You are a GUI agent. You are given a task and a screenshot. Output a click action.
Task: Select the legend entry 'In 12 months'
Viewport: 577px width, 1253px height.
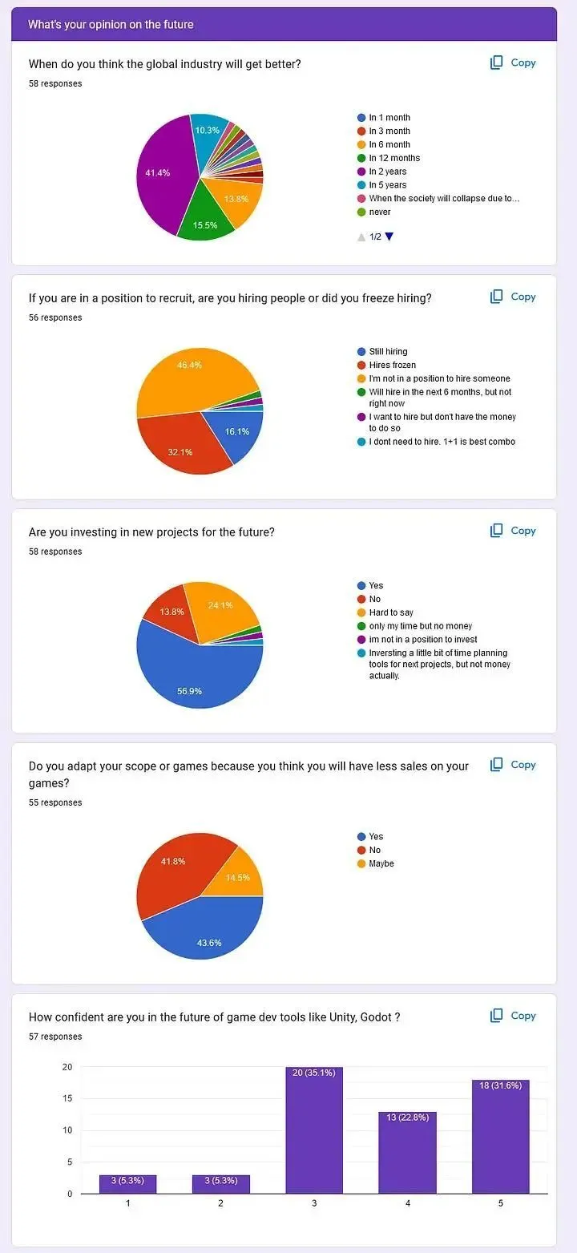coord(394,158)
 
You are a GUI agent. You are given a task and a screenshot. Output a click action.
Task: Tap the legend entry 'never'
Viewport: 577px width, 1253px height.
coord(380,212)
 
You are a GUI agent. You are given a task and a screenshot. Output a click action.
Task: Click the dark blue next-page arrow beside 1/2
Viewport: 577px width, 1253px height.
coord(389,236)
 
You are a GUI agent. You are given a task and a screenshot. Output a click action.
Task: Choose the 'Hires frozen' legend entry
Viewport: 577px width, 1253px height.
coord(392,365)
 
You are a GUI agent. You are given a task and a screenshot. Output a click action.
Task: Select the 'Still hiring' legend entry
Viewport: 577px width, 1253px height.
coord(388,351)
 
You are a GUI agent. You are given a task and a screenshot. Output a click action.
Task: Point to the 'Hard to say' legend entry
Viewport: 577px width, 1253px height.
coord(391,612)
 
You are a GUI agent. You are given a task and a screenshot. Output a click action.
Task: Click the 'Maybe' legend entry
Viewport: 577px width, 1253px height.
coord(381,863)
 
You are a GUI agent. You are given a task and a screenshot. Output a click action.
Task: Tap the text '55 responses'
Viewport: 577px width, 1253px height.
coord(55,802)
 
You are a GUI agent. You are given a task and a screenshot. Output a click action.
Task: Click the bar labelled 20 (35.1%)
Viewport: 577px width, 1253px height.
coord(314,1130)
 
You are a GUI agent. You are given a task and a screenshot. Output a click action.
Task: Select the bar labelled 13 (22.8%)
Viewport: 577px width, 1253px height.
coord(407,1154)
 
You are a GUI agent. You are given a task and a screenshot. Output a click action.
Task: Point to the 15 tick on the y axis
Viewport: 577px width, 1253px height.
coord(67,1098)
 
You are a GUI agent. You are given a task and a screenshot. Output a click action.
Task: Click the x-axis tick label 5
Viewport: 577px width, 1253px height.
coord(500,1203)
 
